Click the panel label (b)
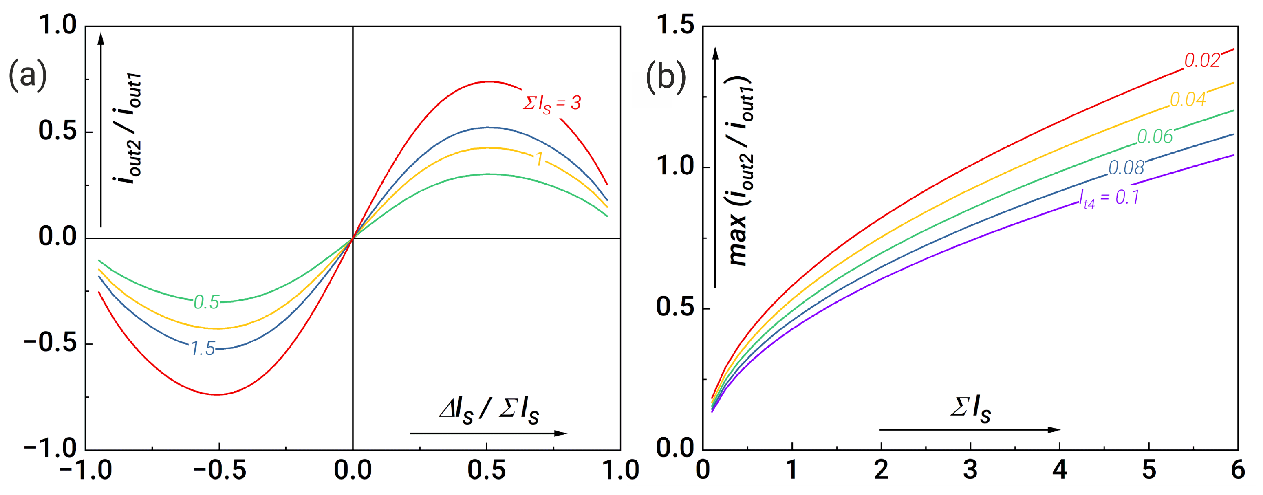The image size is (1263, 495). pos(666,77)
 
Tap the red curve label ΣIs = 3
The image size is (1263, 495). pos(551,103)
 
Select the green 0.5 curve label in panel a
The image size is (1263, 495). pos(206,302)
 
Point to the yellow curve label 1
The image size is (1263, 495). pos(539,159)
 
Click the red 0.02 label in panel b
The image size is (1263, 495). pos(1202,61)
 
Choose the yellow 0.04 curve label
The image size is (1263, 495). pos(1188,100)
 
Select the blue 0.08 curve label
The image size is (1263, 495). pos(1126,168)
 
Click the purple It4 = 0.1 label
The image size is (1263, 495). pos(1109,198)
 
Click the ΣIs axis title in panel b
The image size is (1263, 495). pos(970,409)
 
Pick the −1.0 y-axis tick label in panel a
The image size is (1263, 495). pos(51,448)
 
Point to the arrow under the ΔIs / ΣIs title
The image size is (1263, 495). pos(488,433)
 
